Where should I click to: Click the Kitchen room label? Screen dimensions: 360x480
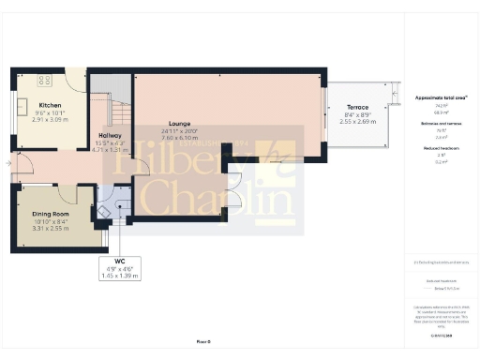coord(49,105)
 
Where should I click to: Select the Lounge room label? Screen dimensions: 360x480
coord(180,123)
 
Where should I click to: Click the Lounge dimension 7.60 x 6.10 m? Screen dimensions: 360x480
coord(180,137)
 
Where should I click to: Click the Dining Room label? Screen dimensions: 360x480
coord(52,213)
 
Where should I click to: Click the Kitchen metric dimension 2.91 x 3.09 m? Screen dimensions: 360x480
coord(49,120)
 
